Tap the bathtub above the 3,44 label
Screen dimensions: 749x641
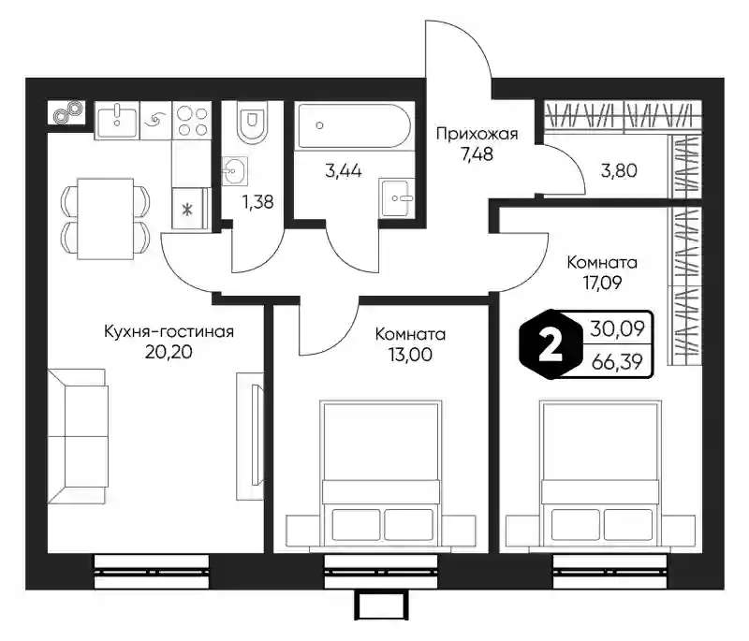(354, 126)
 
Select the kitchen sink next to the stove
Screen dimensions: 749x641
(117, 121)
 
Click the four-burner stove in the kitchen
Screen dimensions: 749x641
(192, 121)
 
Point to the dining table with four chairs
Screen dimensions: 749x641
(105, 218)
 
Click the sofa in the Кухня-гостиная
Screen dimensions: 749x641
(78, 436)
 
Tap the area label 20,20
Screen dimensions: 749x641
(169, 352)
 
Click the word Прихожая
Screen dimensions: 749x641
(477, 134)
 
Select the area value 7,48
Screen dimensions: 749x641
(477, 154)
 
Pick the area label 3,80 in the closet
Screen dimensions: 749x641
(619, 170)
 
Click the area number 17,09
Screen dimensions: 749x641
(602, 283)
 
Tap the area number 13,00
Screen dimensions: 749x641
(410, 354)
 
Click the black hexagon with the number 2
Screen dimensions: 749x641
(551, 344)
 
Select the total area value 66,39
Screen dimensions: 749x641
(617, 362)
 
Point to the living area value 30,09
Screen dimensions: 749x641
(617, 328)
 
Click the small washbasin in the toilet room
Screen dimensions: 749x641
(235, 170)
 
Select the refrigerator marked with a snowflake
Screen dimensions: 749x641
(191, 209)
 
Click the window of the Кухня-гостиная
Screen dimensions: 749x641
(152, 572)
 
